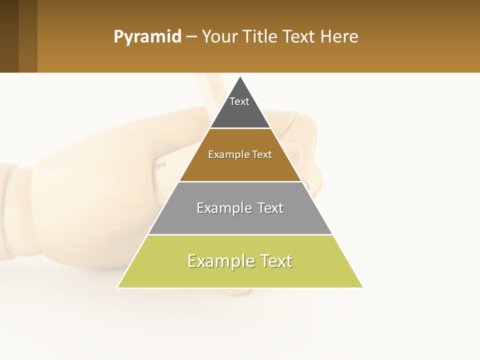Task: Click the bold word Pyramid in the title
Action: pos(147,37)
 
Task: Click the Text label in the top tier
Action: pos(239,101)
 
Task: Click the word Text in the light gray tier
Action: pos(270,208)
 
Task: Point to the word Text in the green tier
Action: pos(276,261)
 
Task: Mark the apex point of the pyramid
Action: pos(240,77)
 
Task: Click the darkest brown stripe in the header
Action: pos(9,36)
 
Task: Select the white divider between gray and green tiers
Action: pos(240,234)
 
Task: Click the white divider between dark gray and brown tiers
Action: pos(240,128)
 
